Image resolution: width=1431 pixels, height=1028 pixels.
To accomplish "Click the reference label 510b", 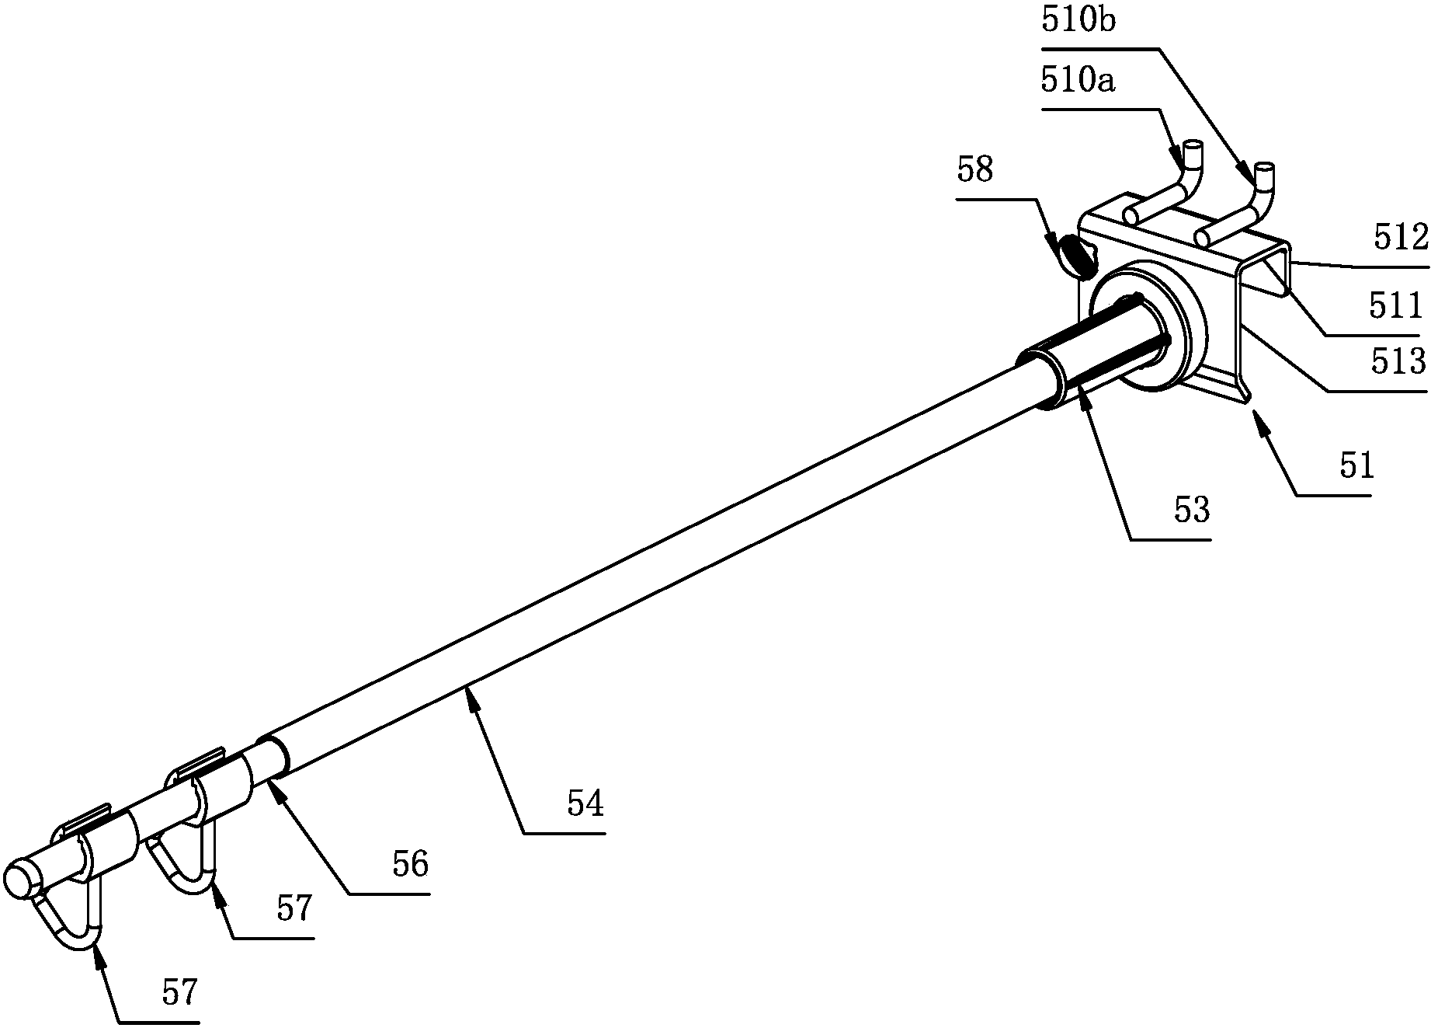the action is pos(1078,21).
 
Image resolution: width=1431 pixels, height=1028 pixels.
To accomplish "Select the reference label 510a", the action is pos(1078,81).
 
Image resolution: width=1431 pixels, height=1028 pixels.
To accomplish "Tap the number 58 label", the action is pos(974,169).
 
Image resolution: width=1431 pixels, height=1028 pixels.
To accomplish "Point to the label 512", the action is pos(1401,239).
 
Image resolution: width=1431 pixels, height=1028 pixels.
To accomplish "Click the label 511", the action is pos(1395,306).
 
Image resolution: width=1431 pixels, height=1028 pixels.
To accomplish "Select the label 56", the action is pos(410,865).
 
